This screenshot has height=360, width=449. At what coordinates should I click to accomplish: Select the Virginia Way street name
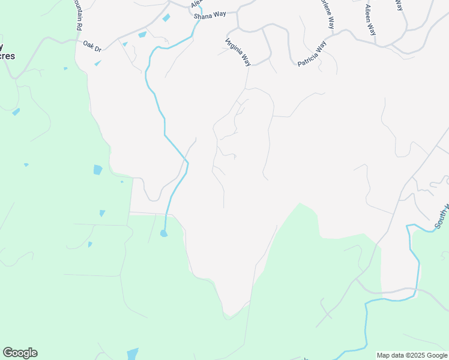coord(238,52)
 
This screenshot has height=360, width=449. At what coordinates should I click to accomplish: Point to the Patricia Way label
coord(312,53)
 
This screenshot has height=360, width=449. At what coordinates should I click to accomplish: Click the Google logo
coord(20,353)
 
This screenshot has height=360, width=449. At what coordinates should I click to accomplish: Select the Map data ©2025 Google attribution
coord(412,355)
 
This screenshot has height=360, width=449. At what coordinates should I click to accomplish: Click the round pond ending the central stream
coord(163,233)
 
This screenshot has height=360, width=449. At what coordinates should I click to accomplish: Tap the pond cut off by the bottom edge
coord(133,354)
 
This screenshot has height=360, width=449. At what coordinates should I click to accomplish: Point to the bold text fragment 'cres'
coord(8,56)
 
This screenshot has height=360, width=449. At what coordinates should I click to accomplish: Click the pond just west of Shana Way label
coord(166,17)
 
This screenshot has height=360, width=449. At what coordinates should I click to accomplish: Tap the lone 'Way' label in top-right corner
coord(399,5)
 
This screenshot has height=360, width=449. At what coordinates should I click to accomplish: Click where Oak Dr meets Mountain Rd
coord(77,41)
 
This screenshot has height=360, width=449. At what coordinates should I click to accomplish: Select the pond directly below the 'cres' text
coord(16,112)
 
